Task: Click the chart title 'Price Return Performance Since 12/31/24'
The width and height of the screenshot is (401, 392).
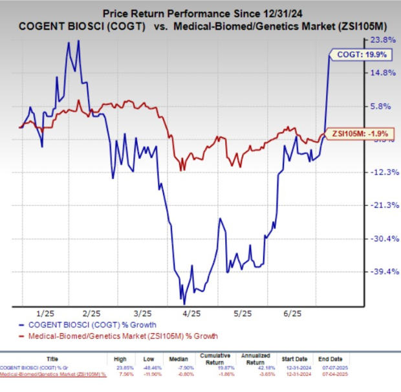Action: click(200, 12)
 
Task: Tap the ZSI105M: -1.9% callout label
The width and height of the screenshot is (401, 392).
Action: click(357, 133)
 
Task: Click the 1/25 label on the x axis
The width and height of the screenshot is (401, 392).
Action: click(48, 312)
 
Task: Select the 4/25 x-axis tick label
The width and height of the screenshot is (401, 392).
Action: click(192, 312)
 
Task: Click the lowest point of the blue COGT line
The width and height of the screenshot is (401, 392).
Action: click(184, 303)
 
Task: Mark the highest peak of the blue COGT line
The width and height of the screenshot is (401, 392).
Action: click(78, 40)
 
